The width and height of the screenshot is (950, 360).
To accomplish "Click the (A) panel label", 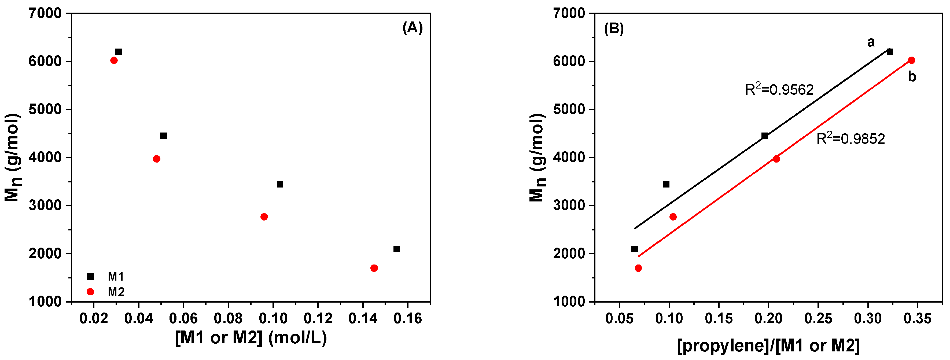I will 412,28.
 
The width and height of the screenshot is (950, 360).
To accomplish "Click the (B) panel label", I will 614,28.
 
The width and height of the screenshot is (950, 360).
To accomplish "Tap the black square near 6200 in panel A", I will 118,52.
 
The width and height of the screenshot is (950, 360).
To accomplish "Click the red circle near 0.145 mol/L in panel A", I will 374,268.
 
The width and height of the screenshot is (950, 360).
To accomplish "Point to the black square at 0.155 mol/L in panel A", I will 396,249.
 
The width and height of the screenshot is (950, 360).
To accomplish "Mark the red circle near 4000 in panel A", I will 156,159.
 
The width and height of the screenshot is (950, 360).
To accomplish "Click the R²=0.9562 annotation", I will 779,90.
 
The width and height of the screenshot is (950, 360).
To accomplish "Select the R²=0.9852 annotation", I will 850,139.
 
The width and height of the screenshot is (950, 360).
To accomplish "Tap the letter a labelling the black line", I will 871,42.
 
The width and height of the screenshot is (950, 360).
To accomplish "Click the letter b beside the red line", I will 912,77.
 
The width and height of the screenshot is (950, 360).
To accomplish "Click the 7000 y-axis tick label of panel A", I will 45,14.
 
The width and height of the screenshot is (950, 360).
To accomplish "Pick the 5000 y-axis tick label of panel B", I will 569,109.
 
